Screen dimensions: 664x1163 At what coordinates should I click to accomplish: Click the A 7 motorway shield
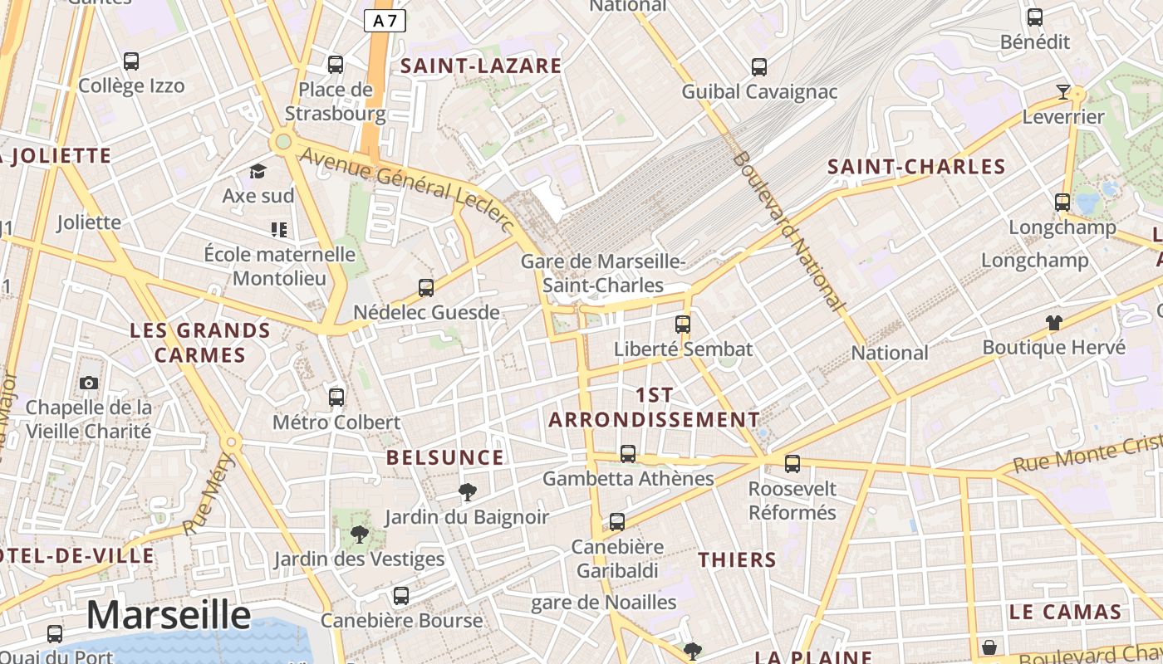tap(385, 22)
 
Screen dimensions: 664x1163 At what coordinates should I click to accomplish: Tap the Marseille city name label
tap(169, 615)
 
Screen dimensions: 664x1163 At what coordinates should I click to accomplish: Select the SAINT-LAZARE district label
tap(482, 66)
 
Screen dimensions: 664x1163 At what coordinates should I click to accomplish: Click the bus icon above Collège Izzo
tap(131, 61)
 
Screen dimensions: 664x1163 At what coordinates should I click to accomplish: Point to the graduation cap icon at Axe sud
tap(258, 172)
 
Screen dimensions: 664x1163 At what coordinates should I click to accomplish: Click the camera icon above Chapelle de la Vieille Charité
tap(89, 383)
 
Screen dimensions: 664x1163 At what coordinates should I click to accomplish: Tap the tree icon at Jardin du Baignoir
tap(468, 492)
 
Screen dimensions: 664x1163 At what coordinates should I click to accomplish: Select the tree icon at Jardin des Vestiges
tap(359, 534)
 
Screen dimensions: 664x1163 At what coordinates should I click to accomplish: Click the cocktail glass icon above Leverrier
tap(1062, 92)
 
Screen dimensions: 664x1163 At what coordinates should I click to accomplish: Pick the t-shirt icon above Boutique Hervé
tap(1053, 322)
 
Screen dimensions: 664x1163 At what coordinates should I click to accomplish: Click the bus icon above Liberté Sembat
tap(683, 325)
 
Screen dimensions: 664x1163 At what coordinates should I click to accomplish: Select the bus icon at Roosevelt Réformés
tap(793, 464)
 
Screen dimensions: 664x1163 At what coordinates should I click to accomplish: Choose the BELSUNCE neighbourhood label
tap(445, 458)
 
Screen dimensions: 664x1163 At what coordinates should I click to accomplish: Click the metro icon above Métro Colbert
tap(336, 398)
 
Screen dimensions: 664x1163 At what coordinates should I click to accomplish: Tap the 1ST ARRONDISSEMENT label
tap(654, 407)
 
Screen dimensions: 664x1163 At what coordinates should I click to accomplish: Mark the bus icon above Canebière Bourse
tap(401, 595)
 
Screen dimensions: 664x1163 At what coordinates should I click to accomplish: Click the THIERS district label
tap(737, 560)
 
